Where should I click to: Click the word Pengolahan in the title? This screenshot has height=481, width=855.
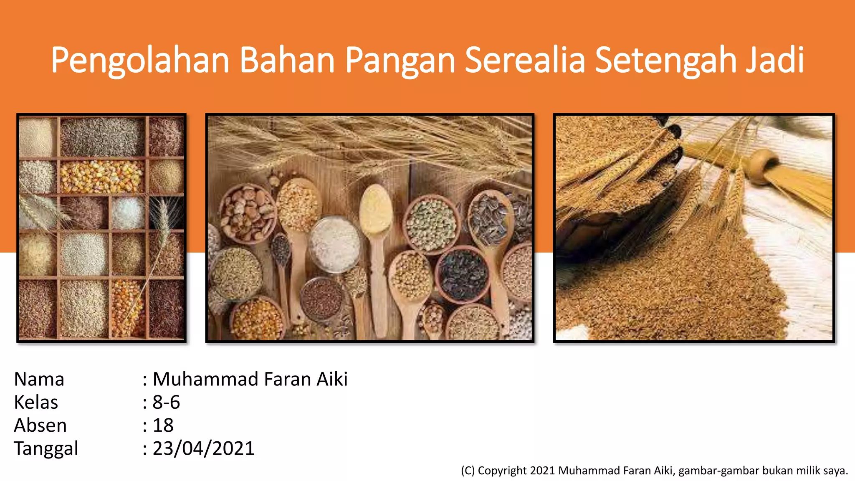[140, 61]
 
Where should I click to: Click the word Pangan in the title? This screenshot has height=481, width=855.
[400, 61]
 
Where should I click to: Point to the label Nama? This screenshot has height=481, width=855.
[39, 379]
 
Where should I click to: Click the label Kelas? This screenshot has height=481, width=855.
[36, 402]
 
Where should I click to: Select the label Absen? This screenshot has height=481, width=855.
[40, 425]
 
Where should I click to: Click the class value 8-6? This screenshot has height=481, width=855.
[166, 402]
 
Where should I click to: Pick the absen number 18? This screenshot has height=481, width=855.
[163, 425]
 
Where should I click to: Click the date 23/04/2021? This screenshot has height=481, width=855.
[203, 448]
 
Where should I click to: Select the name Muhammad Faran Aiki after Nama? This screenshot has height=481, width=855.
[250, 379]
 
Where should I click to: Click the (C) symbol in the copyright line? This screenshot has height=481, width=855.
[468, 471]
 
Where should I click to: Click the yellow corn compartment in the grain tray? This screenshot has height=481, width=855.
[101, 176]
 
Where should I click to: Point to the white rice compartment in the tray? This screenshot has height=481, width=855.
[127, 213]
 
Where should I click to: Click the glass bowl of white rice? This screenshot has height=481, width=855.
[334, 244]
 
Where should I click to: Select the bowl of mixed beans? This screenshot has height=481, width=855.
[247, 213]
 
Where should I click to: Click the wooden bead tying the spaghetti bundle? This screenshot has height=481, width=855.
[764, 166]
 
